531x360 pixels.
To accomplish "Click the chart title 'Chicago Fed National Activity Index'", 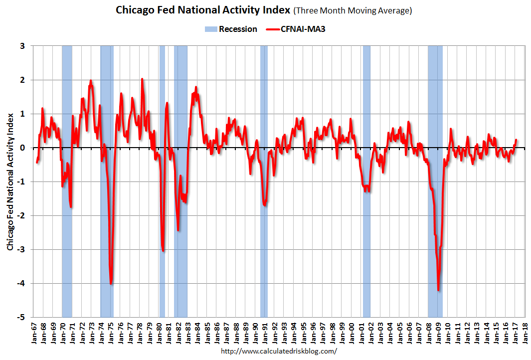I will coord(202,10).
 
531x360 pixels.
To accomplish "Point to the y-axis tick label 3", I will coord(23,46).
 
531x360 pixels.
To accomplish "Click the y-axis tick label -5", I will coord(22,317).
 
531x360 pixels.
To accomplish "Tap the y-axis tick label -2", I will coord(22,215).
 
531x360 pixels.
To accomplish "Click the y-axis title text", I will coord(10,181).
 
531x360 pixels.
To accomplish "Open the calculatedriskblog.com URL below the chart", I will coord(278,351).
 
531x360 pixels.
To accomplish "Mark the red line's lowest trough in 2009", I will coord(438,290).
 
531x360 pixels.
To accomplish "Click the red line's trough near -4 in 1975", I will coord(111,284).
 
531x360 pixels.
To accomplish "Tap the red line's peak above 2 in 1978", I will coord(142,79).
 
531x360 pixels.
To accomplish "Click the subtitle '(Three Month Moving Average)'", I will coord(353,10).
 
